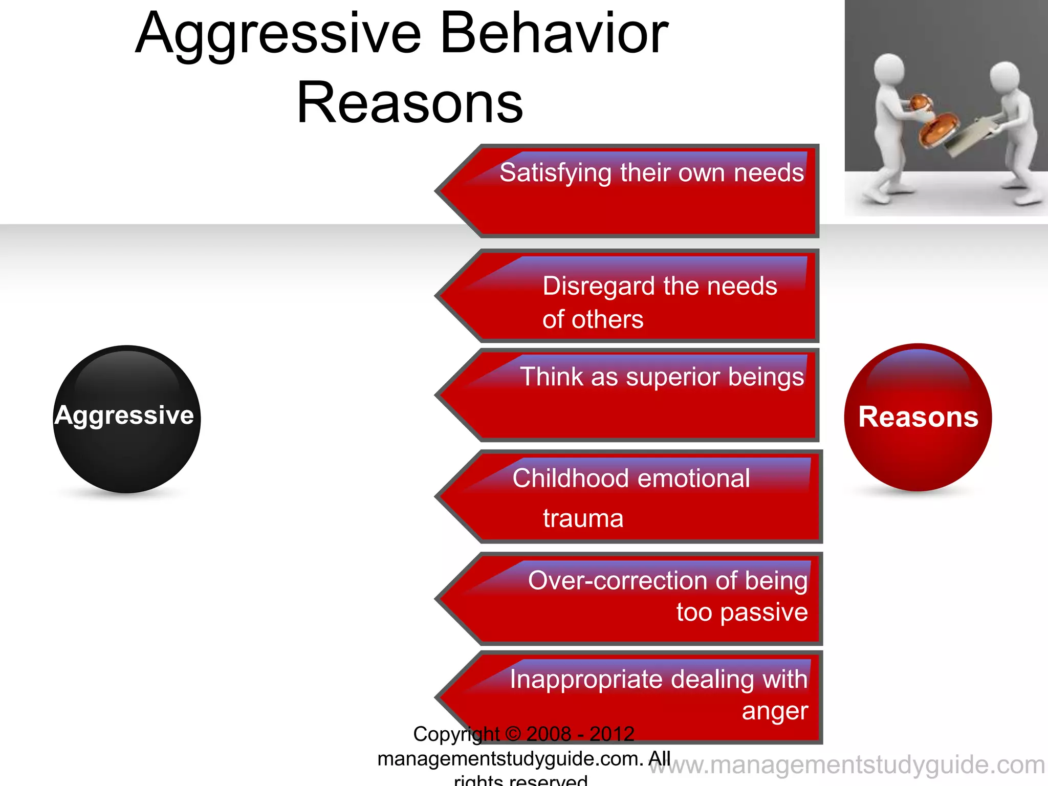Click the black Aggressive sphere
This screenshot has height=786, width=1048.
coord(126,419)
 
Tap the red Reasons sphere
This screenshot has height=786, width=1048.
coord(918,417)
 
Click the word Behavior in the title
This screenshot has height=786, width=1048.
coord(554,34)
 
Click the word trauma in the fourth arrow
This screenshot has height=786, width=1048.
coord(583,518)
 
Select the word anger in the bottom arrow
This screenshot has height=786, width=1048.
coord(775,711)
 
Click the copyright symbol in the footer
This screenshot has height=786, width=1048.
coord(513,734)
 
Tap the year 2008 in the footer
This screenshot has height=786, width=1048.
coord(549,734)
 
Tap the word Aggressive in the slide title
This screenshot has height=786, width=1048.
coord(279,34)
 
